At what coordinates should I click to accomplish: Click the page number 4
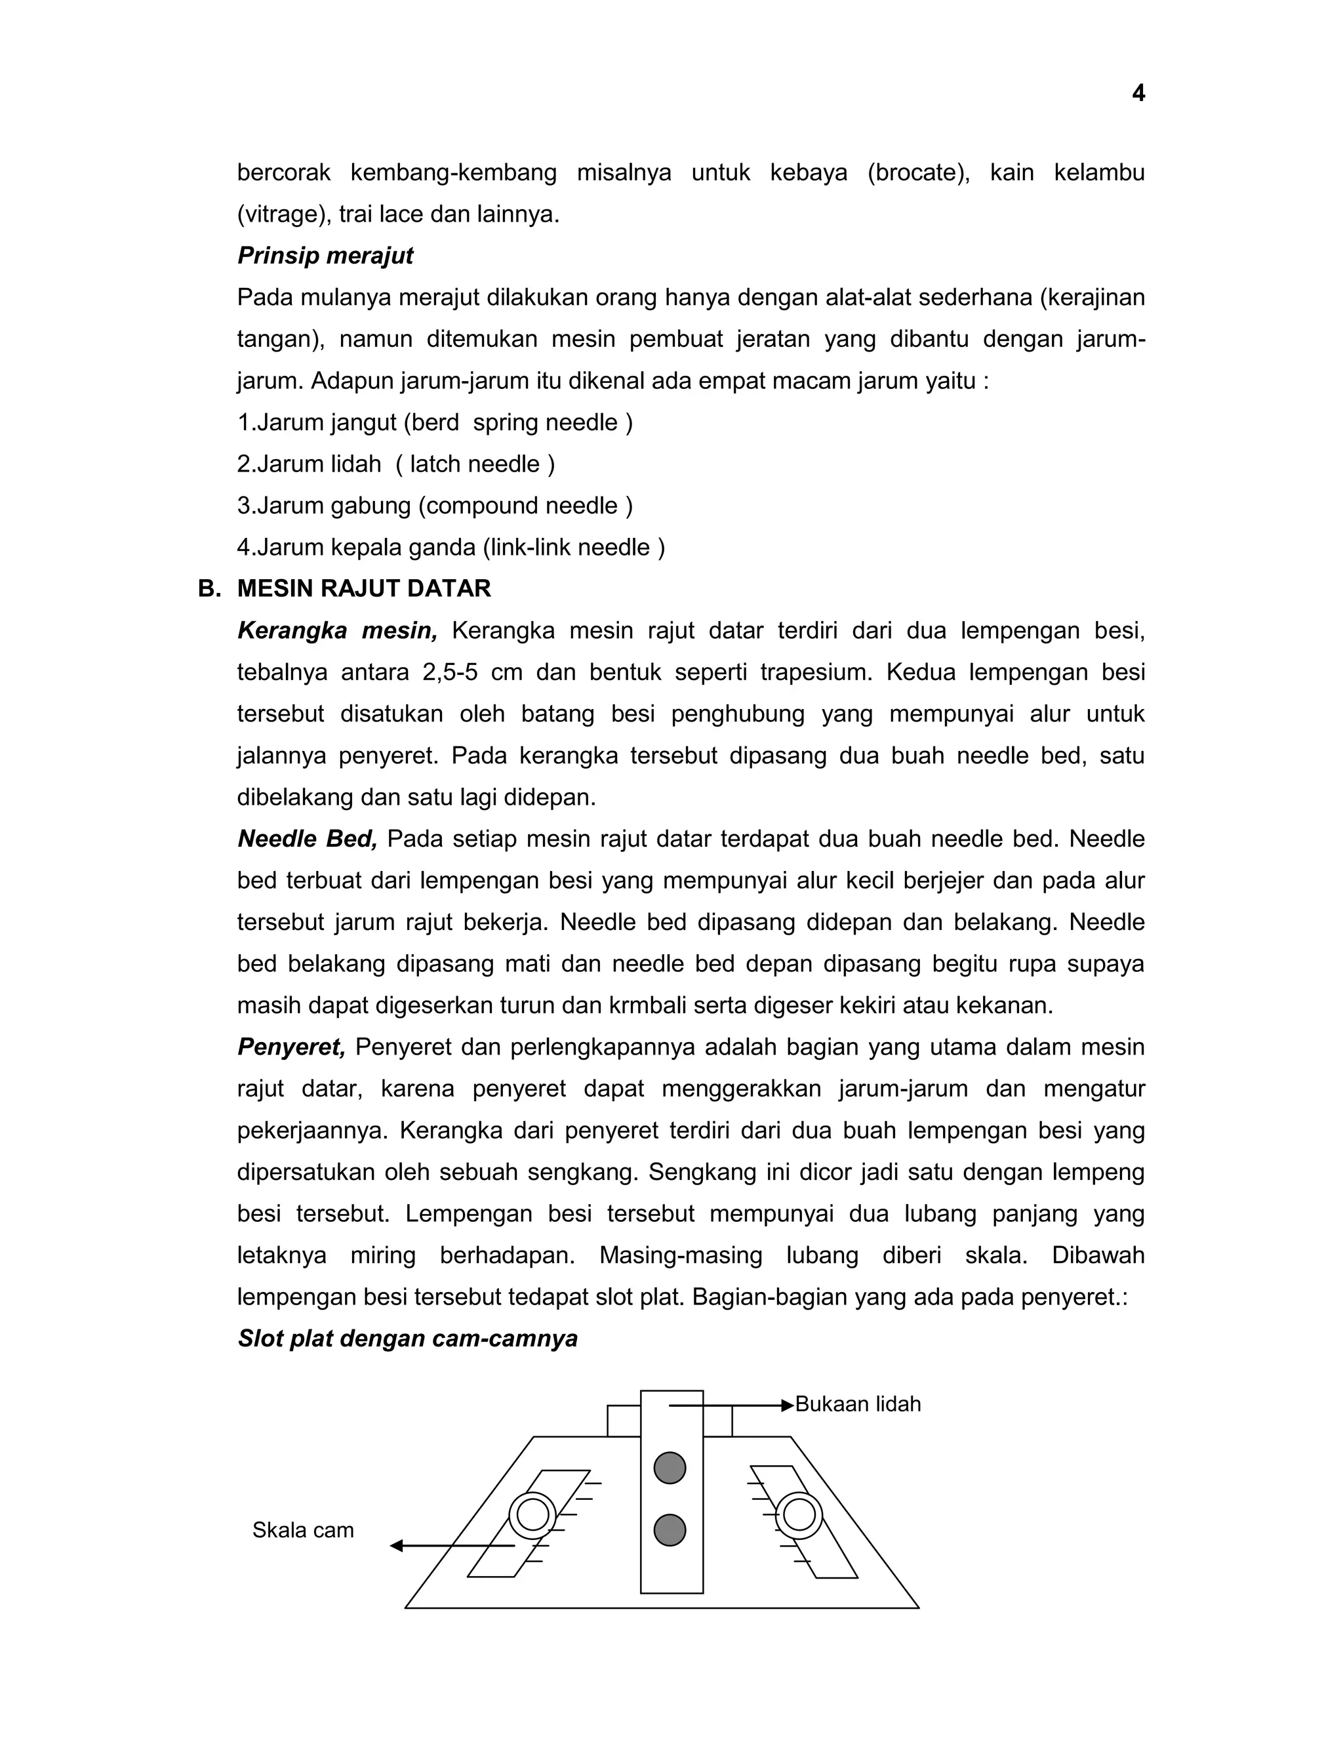[x=1138, y=94]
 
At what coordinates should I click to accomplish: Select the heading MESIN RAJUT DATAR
[x=363, y=588]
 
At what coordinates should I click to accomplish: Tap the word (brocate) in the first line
[x=918, y=172]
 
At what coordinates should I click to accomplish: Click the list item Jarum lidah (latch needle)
[x=395, y=464]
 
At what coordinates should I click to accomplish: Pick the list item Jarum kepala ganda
[x=451, y=548]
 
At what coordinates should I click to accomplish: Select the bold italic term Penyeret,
[x=291, y=1047]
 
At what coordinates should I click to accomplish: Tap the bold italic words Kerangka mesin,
[x=337, y=630]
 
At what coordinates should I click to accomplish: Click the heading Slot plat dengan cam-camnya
[x=407, y=1339]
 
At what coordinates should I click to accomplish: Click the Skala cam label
[x=302, y=1530]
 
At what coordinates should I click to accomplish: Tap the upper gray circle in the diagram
[x=670, y=1468]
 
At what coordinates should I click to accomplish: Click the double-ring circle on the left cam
[x=532, y=1515]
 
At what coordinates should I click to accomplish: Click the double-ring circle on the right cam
[x=799, y=1515]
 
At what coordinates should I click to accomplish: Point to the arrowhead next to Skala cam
[x=396, y=1546]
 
